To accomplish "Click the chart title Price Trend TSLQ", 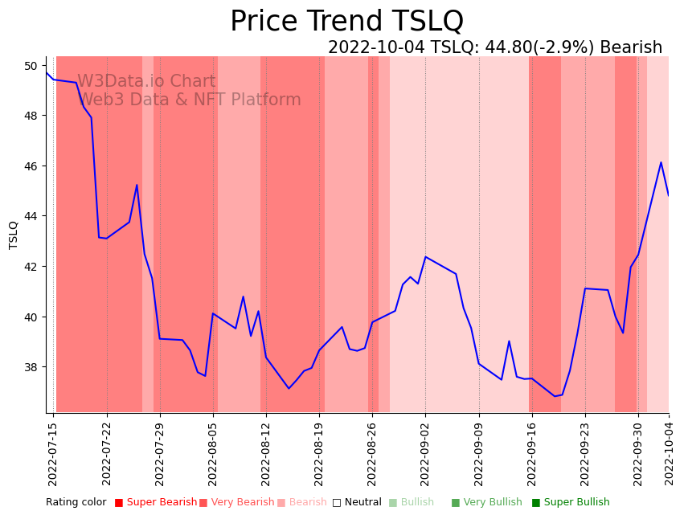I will point(346,22).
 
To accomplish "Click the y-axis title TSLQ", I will point(14,235).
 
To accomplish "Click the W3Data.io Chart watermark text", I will point(146,82).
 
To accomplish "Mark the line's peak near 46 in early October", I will point(661,162).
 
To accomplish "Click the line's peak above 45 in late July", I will point(137,185).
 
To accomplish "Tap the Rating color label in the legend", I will point(76,502).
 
